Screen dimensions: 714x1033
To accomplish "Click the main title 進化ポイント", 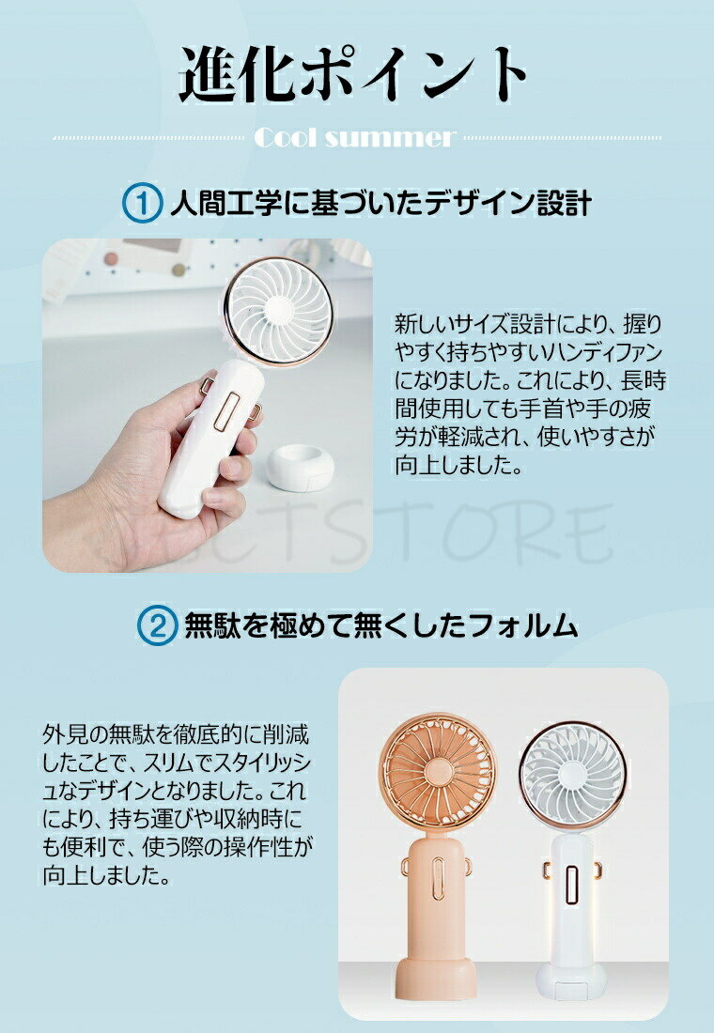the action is (353, 74).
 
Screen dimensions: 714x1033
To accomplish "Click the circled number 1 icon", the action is (142, 204).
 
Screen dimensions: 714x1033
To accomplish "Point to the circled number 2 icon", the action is (156, 625).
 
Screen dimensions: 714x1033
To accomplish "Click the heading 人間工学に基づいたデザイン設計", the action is (380, 203).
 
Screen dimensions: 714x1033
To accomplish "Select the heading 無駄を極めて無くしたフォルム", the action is (381, 624).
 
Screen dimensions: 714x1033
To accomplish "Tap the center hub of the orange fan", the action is (439, 771).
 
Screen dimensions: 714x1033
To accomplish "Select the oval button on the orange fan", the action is (438, 877).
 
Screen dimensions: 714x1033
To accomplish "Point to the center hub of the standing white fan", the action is (570, 774).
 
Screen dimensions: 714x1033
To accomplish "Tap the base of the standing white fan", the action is (571, 980).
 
